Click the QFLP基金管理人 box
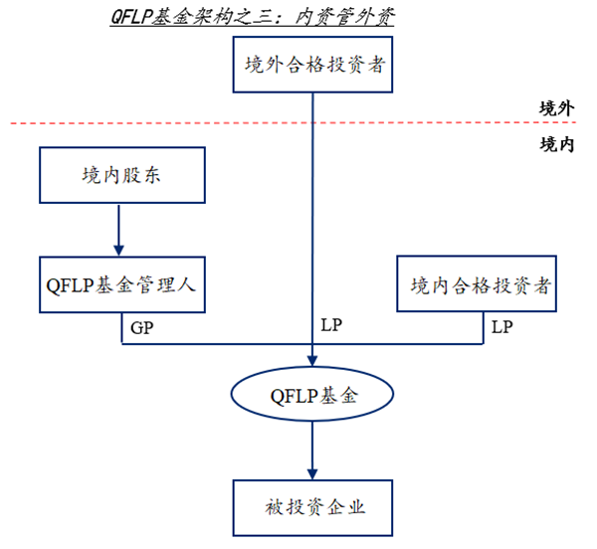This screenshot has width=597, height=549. [123, 282]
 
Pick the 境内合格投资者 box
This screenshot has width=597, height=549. [480, 285]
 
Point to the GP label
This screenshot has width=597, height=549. [141, 326]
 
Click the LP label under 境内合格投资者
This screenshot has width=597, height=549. [501, 326]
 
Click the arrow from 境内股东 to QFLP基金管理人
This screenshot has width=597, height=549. [118, 227]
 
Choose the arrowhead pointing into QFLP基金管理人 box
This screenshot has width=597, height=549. [118, 249]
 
